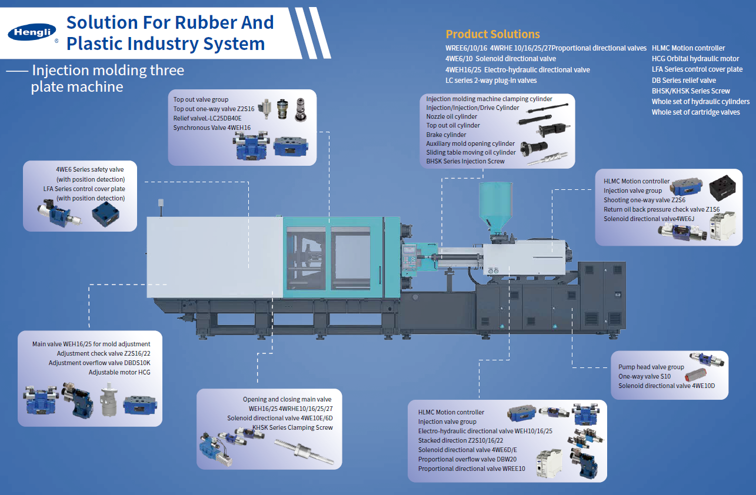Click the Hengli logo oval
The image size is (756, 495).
pos(32,33)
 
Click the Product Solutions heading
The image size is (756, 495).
pos(492,34)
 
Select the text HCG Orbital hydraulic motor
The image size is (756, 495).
pos(695,59)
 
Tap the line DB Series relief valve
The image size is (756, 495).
pos(684,80)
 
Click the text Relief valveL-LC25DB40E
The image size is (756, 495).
pos(207,118)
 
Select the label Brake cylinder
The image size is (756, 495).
pos(446,135)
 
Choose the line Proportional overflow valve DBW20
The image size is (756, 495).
pos(467,459)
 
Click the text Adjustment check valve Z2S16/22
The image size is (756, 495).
pos(104,353)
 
